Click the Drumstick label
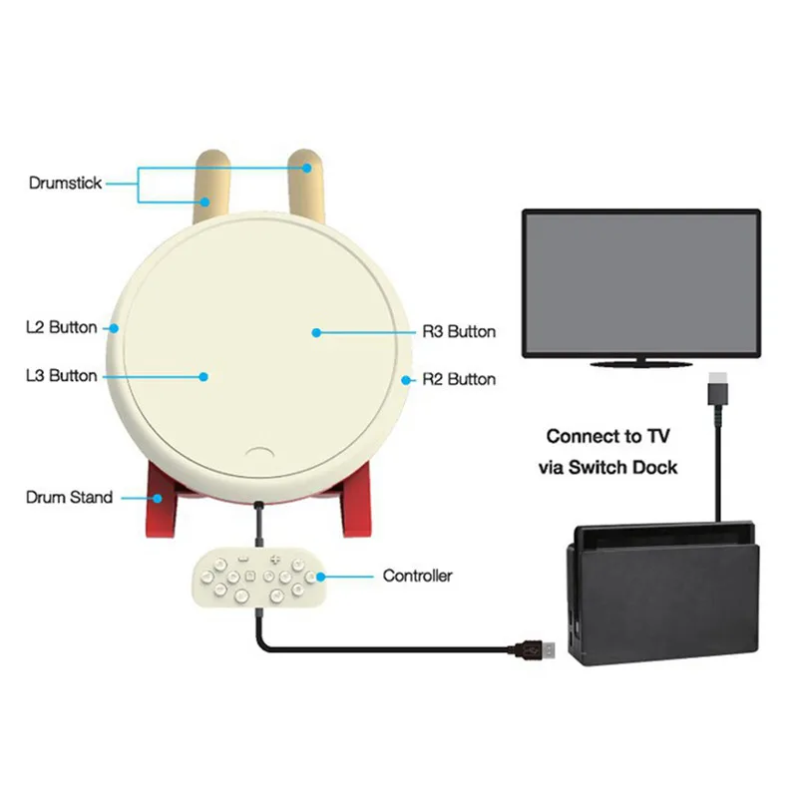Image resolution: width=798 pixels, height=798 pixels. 65,184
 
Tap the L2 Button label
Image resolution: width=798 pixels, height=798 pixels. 62,327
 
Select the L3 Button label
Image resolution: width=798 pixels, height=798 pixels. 62,376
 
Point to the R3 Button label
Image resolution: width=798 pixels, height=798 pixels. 459,332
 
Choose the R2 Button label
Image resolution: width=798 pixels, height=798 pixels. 459,379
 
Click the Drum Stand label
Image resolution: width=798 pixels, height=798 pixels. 69,497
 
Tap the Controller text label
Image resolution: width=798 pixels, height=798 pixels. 417,576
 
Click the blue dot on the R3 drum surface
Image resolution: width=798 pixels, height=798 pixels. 316,333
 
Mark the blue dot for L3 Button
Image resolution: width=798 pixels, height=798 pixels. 203,377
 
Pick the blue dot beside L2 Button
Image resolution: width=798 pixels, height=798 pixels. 114,329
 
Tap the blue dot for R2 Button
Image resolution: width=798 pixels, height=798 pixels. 406,380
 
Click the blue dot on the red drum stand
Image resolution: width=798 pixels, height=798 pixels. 158,498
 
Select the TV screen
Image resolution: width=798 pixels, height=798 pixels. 641,282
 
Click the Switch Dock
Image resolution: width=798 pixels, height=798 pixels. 662,594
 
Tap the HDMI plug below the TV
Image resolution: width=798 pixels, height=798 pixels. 717,389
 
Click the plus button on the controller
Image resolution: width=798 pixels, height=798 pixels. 275,560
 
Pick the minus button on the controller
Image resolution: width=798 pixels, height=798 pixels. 243,560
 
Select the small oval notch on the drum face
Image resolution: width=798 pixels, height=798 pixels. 259,453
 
